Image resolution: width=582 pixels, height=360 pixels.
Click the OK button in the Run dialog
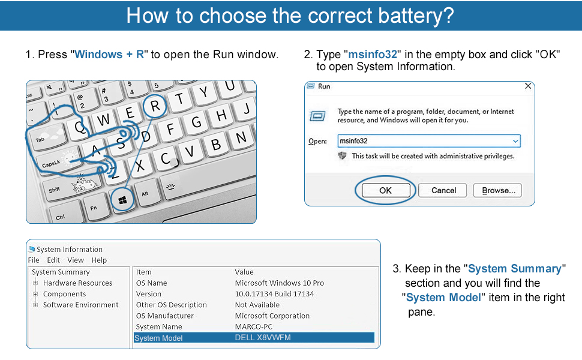click(385, 190)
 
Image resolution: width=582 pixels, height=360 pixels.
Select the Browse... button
click(497, 190)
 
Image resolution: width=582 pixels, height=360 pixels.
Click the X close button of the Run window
click(528, 86)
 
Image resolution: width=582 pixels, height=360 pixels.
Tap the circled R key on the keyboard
click(155, 107)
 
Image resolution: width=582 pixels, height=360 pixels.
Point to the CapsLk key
click(52, 164)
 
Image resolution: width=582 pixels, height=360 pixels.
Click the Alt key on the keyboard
click(145, 194)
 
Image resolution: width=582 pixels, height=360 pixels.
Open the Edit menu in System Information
click(53, 260)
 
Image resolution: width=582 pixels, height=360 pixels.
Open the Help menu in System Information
click(99, 260)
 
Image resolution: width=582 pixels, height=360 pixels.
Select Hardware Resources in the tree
click(77, 283)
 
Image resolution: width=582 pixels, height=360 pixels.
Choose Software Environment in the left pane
click(80, 305)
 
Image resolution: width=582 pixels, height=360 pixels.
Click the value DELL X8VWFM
click(263, 338)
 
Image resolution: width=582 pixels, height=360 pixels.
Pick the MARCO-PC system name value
click(253, 327)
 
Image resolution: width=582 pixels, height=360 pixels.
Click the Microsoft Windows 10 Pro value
click(279, 283)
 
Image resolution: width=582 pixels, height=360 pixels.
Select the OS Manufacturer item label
click(164, 316)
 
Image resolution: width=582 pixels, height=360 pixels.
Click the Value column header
click(244, 272)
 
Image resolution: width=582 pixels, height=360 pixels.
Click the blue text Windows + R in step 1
click(109, 55)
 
